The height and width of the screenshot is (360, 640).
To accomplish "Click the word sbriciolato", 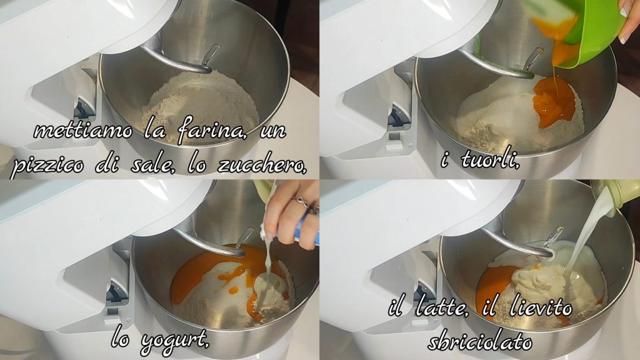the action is click(480, 341).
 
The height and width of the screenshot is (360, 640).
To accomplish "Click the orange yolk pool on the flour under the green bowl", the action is click(554, 101).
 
